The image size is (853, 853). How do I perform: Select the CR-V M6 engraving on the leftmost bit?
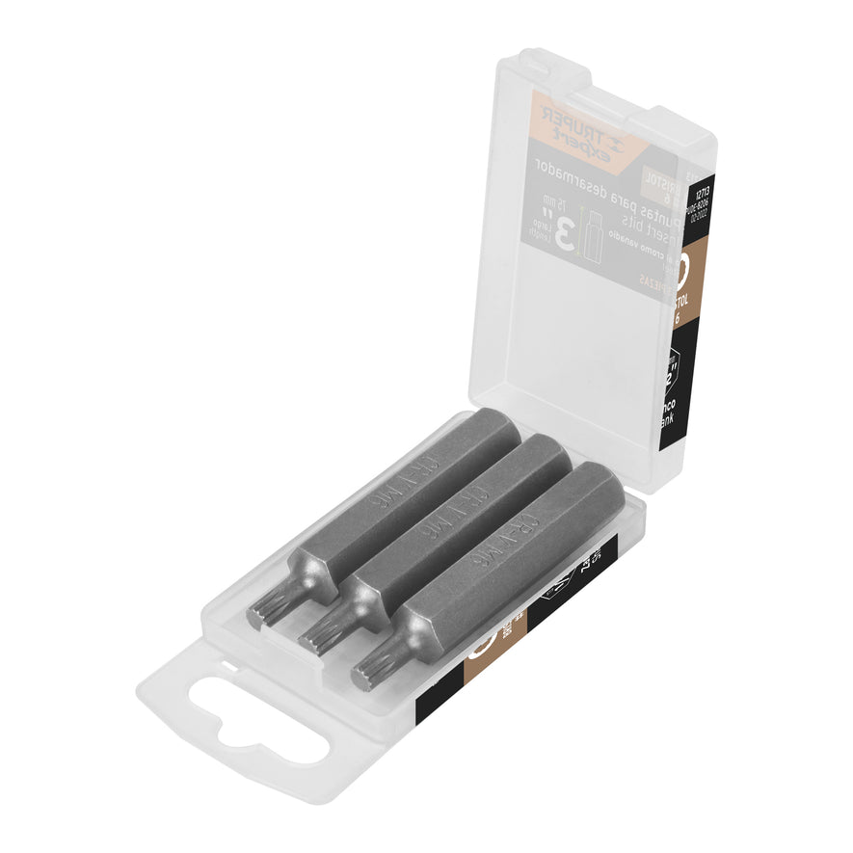(x=393, y=479)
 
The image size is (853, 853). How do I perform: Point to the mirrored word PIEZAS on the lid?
(x=653, y=279)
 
